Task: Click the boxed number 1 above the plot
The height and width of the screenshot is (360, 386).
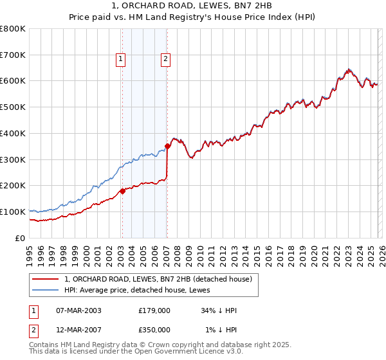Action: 121,60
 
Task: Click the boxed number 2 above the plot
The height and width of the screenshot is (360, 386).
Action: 166,60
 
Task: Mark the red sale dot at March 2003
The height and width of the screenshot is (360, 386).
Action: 122,191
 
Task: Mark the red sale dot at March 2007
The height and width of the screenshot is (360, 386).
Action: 167,146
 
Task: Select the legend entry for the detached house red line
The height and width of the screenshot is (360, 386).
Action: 161,278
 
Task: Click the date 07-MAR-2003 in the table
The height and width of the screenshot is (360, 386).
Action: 78,310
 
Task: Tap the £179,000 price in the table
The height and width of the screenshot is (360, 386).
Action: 154,310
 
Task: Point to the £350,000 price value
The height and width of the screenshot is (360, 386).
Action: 154,330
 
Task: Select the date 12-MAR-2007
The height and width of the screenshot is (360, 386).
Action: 78,330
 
